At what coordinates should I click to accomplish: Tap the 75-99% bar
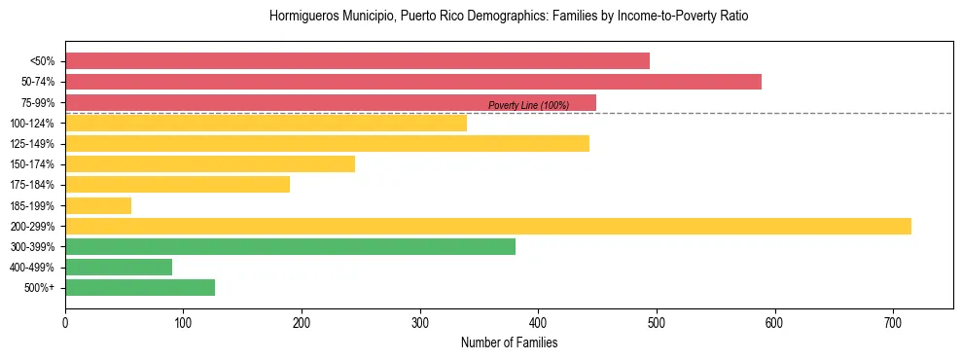[331, 102]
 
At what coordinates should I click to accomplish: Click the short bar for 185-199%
[98, 205]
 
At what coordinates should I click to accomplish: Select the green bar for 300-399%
[290, 247]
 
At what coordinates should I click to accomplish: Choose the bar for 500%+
[140, 288]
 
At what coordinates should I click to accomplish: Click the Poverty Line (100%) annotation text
[528, 105]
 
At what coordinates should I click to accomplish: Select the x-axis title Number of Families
[509, 342]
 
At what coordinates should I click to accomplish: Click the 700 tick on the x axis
[893, 322]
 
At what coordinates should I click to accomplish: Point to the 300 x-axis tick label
[420, 322]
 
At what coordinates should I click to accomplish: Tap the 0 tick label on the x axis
[65, 322]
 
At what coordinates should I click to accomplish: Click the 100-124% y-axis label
[32, 124]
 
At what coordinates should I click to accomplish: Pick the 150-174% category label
[32, 164]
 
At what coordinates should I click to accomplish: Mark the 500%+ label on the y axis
[39, 288]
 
